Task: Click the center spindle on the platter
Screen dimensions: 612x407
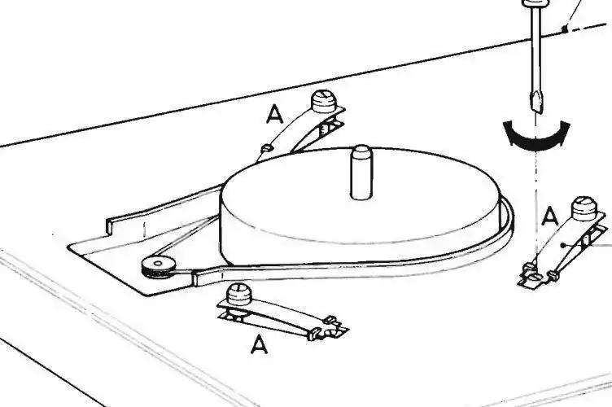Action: click(361, 172)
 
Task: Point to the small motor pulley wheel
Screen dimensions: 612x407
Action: click(158, 267)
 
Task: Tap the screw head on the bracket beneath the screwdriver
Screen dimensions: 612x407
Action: click(584, 208)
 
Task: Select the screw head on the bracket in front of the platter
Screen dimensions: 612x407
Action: click(239, 294)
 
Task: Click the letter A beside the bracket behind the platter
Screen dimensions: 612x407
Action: click(275, 115)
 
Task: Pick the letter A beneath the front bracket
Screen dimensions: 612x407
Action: click(259, 345)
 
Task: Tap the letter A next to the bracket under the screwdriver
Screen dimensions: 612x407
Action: click(550, 217)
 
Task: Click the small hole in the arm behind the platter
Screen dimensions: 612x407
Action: click(267, 148)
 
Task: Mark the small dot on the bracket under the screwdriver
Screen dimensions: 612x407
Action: click(563, 246)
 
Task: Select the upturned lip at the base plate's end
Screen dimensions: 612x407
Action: click(109, 226)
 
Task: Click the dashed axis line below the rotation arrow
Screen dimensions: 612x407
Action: click(536, 203)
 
